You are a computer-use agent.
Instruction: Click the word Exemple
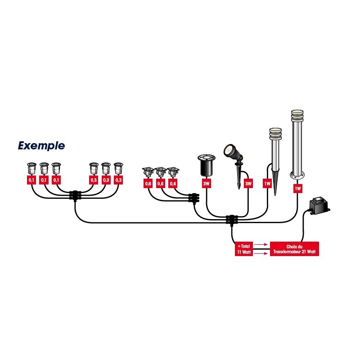click(41, 146)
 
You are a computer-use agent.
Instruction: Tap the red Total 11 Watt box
click(243, 249)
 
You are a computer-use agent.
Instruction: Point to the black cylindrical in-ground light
click(207, 166)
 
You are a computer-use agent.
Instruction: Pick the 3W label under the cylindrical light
click(207, 184)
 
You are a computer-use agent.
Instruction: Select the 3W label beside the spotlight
click(248, 184)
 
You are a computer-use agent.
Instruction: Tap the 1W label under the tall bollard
click(297, 189)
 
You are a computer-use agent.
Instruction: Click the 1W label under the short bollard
click(268, 184)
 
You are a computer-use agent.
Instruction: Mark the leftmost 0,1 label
click(31, 180)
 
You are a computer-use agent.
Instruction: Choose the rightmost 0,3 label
click(118, 180)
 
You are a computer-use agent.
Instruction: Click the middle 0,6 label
click(160, 184)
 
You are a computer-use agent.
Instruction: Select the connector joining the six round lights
click(75, 196)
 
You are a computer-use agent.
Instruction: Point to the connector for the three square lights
click(193, 198)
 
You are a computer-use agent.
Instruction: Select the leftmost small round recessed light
click(31, 169)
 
